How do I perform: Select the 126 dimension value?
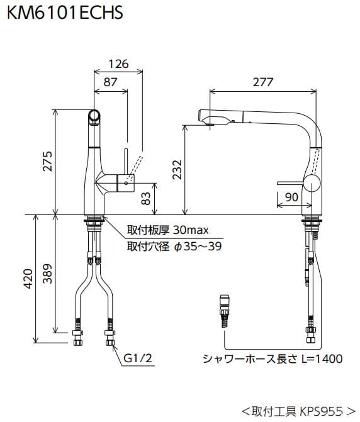118,64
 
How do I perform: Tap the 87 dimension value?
110,82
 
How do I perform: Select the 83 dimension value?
146,199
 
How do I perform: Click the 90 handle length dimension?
291,197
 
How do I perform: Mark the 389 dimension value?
48,272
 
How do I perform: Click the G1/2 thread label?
137,358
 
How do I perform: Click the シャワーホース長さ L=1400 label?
273,358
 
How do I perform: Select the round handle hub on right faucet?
312,184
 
